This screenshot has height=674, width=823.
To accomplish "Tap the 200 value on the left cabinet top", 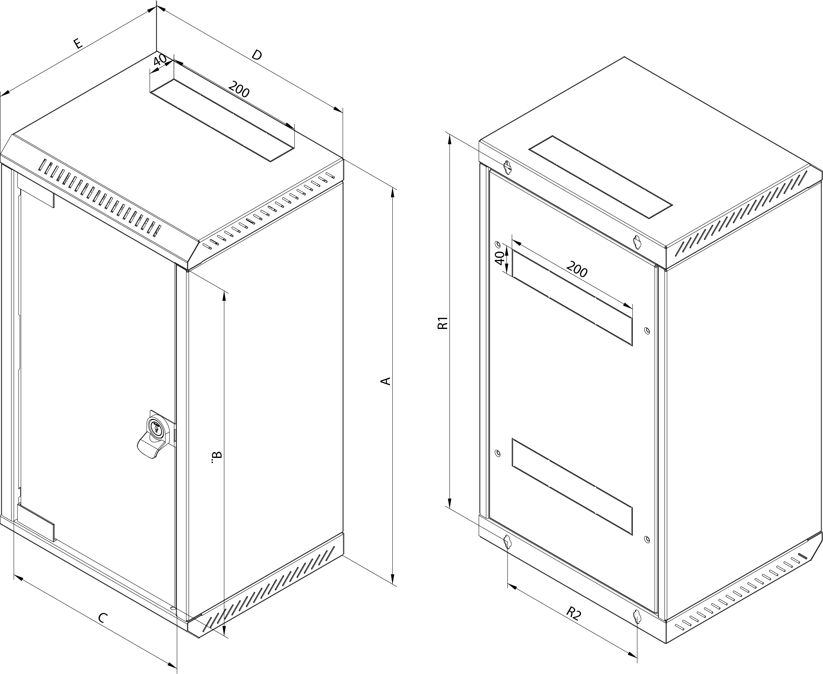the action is [239, 89].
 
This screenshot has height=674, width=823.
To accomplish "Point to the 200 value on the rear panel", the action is [577, 269].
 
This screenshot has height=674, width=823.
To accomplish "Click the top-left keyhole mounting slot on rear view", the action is [507, 167].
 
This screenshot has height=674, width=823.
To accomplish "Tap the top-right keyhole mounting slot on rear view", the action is [636, 242].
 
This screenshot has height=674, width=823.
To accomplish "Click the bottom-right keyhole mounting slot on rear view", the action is [636, 617].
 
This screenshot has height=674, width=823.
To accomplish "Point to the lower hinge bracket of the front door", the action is [36, 522].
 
